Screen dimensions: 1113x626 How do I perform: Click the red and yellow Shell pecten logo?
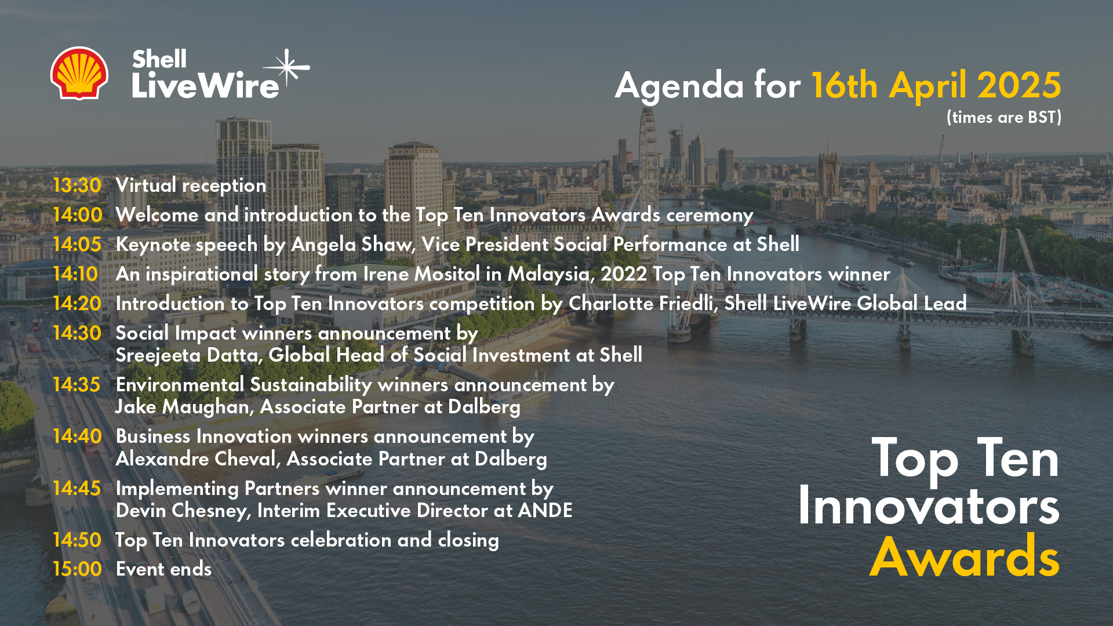[x=79, y=73]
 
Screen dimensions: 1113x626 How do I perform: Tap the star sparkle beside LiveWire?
[x=288, y=68]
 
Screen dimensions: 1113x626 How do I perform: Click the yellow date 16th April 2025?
[x=936, y=86]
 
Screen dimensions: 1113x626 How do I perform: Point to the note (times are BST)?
[x=1004, y=118]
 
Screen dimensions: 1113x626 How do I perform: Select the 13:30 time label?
[x=77, y=185]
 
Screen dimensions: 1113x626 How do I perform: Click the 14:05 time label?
[x=77, y=245]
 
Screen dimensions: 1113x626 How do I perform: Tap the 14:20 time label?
[x=77, y=304]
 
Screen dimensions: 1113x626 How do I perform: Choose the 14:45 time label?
[x=77, y=489]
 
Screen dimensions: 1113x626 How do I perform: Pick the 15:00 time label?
[x=77, y=569]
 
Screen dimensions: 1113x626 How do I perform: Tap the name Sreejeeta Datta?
[x=187, y=355]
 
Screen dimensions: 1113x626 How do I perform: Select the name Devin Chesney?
[x=183, y=511]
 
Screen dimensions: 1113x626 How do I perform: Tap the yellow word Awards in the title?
[x=965, y=557]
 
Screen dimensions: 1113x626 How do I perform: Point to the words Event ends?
[x=164, y=569]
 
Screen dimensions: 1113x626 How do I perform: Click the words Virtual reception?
[x=191, y=186]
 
